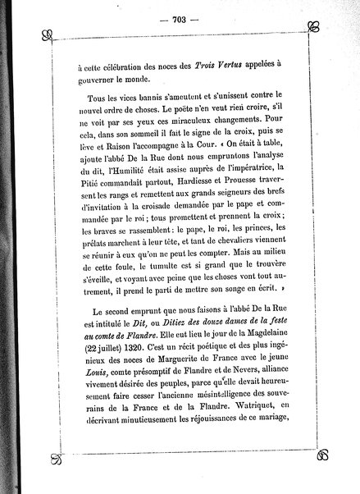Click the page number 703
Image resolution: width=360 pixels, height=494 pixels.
click(179, 20)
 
